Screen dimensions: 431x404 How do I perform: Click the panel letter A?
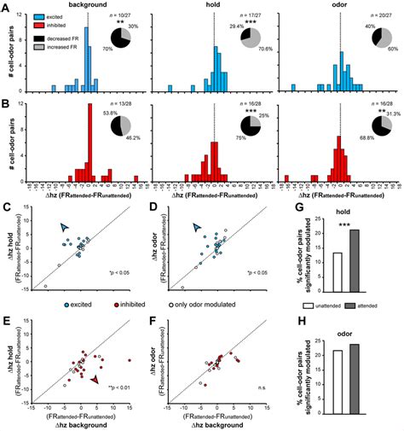point(6,7)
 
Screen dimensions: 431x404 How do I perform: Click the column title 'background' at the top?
point(85,5)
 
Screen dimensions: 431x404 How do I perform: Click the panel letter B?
point(6,102)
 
